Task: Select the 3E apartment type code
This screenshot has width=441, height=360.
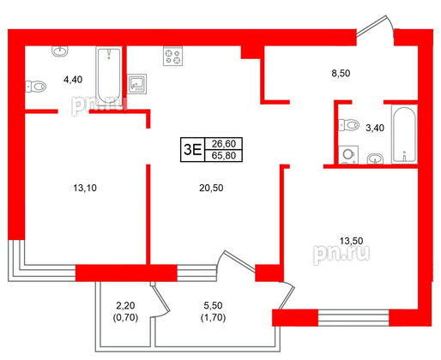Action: click(192, 149)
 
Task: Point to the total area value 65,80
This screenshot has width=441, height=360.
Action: click(223, 156)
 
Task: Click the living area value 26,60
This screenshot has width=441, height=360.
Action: click(223, 143)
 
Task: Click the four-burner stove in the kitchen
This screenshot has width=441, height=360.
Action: click(172, 57)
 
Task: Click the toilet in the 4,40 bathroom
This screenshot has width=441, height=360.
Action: click(37, 87)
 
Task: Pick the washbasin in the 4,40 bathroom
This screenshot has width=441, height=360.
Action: click(59, 52)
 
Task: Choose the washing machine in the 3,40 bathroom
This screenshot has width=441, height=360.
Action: click(348, 155)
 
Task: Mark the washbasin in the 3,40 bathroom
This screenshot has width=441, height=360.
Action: click(374, 158)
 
